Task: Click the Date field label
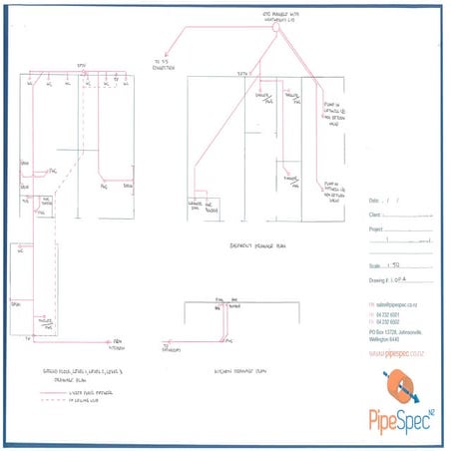pos(374,200)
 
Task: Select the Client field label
pos(375,214)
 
